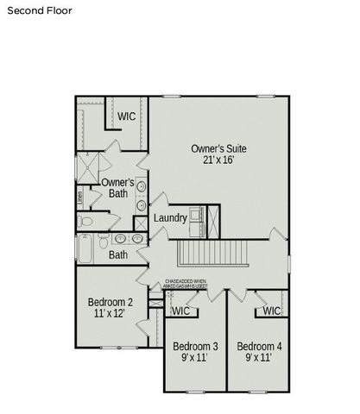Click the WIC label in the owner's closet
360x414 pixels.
click(x=127, y=116)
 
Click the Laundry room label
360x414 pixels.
click(x=170, y=218)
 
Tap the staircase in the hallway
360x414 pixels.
click(x=212, y=254)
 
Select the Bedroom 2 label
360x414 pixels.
click(x=110, y=303)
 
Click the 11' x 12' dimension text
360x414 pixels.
click(x=110, y=316)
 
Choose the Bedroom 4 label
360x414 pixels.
click(x=259, y=346)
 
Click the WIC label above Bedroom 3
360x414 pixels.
click(x=180, y=310)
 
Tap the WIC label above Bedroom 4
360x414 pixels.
click(x=271, y=310)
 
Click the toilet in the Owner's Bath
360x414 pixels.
click(x=85, y=222)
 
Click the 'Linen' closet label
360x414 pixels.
click(x=79, y=196)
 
